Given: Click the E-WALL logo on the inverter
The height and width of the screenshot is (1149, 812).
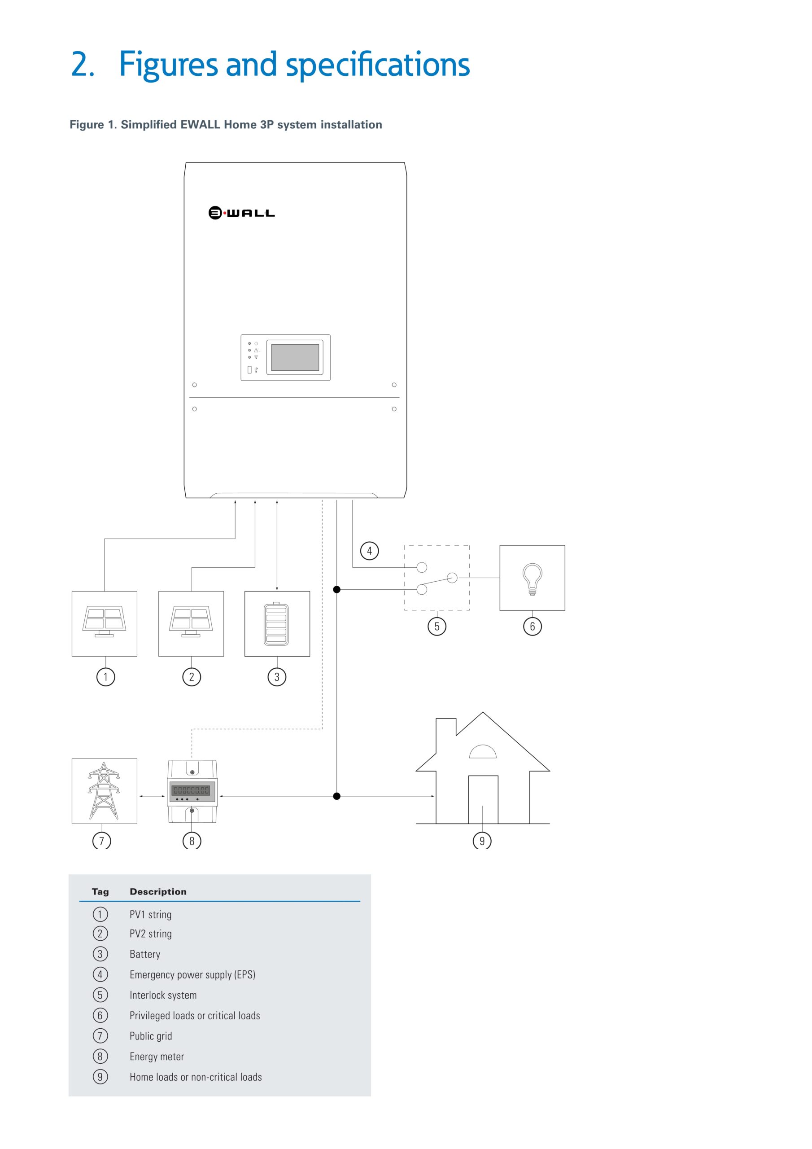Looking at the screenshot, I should point(242,213).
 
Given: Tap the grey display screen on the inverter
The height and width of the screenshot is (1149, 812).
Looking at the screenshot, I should point(295,357).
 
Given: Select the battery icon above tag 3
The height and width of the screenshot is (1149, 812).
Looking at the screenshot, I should point(276,624).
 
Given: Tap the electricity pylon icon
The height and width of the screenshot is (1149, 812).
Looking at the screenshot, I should point(104,791).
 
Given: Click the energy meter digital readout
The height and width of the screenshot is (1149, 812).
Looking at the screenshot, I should point(191,791).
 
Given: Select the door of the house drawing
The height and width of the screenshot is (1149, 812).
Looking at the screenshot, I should point(483,799).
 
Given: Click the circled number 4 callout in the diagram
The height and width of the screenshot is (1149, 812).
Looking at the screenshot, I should point(369,551).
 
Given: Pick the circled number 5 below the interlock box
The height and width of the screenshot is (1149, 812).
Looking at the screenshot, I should point(437,627).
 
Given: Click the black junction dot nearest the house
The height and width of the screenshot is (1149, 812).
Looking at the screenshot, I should point(337,796).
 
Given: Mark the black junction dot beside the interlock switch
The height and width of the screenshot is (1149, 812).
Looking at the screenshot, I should point(337,589).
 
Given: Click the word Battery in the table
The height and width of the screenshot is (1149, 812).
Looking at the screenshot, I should point(144,954).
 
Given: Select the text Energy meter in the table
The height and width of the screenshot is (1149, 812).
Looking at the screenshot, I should point(157,1057).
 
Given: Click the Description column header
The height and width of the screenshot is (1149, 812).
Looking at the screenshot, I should point(158,892).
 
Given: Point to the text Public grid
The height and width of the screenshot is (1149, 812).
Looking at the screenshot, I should point(151,1036).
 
